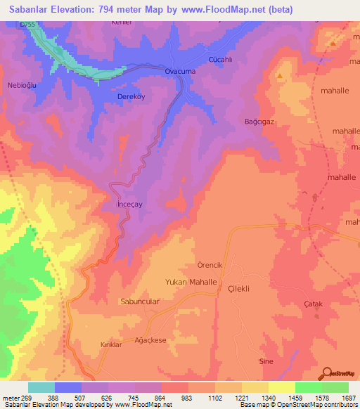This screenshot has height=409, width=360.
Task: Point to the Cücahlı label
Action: (x=221, y=60)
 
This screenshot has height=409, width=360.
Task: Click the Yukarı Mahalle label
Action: (x=190, y=281)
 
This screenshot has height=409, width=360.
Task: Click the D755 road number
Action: (x=27, y=25)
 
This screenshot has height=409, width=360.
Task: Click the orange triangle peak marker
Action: (x=281, y=75)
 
